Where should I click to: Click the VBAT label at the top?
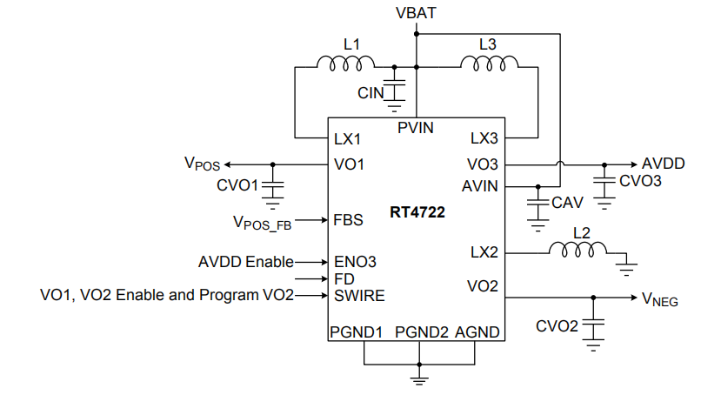[416, 13]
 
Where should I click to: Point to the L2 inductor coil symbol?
[577, 251]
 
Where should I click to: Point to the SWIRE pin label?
[359, 296]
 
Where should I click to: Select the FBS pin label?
[349, 220]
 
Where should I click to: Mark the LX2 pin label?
[484, 252]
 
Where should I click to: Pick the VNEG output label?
[660, 300]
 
